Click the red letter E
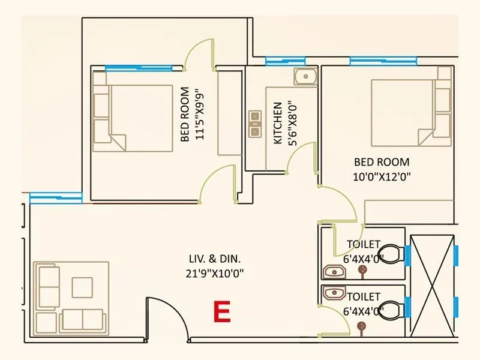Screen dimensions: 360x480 pyautogui.click(x=222, y=312)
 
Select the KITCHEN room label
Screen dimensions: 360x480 pyautogui.click(x=278, y=123)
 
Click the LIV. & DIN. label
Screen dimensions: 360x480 pyautogui.click(x=215, y=260)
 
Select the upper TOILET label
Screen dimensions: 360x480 pyautogui.click(x=363, y=244)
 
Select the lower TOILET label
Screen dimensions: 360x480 pyautogui.click(x=363, y=296)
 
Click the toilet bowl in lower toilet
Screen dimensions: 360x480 pyautogui.click(x=391, y=310)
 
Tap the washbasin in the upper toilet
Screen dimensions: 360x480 pyautogui.click(x=333, y=272)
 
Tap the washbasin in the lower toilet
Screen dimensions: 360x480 pyautogui.click(x=333, y=292)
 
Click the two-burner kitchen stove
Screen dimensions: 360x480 pyautogui.click(x=254, y=122)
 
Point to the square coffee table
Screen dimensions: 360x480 pyautogui.click(x=82, y=287)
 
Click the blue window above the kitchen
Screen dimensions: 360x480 pyautogui.click(x=285, y=60)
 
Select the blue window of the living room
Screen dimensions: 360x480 pyautogui.click(x=56, y=197)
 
